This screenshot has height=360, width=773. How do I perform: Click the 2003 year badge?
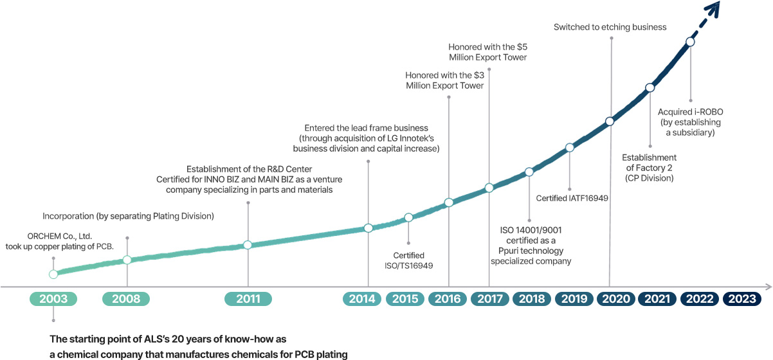(x=53, y=299)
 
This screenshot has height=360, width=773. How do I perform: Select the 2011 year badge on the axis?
(x=248, y=299)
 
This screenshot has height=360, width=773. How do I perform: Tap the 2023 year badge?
(x=742, y=299)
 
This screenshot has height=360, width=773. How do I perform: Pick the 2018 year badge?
(x=531, y=299)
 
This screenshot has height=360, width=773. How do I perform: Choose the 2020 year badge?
(x=615, y=299)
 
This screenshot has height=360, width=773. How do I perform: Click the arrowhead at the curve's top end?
(x=712, y=8)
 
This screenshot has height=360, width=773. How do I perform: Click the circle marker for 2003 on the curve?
(x=53, y=274)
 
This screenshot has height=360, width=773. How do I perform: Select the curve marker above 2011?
(x=248, y=245)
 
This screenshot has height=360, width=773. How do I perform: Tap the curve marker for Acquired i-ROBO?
(x=690, y=42)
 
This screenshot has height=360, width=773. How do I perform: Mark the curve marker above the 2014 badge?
(x=368, y=228)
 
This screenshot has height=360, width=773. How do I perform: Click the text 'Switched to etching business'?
(x=610, y=28)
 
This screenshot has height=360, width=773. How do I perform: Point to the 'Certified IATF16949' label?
(x=572, y=197)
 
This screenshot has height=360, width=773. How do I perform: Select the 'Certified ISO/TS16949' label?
(x=408, y=260)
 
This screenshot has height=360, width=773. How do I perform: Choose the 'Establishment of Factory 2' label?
(x=649, y=167)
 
